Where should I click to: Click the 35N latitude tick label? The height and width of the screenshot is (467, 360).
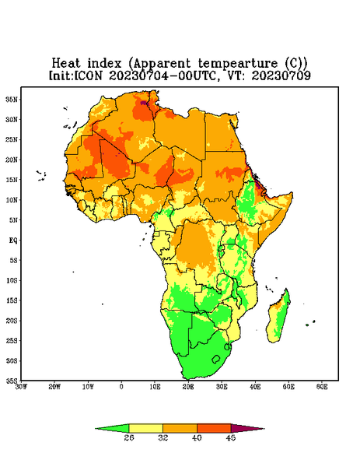pyautogui.click(x=12, y=99)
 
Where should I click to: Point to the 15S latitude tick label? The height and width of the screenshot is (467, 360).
pyautogui.click(x=12, y=300)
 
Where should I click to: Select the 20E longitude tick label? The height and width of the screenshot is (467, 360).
pyautogui.click(x=188, y=387)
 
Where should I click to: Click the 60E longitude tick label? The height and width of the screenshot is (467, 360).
pyautogui.click(x=322, y=387)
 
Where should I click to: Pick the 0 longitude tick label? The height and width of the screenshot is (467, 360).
pyautogui.click(x=121, y=387)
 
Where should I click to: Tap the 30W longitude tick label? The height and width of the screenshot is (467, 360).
pyautogui.click(x=21, y=387)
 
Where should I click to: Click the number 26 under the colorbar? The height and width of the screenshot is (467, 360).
pyautogui.click(x=129, y=437)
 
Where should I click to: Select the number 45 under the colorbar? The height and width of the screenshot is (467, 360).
pyautogui.click(x=231, y=437)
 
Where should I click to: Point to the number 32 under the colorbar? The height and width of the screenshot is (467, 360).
pyautogui.click(x=163, y=437)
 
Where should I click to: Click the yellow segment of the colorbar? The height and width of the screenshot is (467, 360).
pyautogui.click(x=145, y=428)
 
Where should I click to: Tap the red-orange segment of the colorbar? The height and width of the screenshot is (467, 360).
pyautogui.click(x=214, y=428)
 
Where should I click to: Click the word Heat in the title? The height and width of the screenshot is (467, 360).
pyautogui.click(x=66, y=64)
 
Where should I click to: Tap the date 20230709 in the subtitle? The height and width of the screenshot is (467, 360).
pyautogui.click(x=281, y=75)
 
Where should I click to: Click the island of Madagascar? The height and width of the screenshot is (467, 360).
pyautogui.click(x=278, y=318)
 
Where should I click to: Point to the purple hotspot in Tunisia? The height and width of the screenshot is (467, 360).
pyautogui.click(x=144, y=103)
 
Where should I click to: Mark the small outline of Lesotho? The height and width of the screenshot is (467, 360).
pyautogui.click(x=216, y=359)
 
